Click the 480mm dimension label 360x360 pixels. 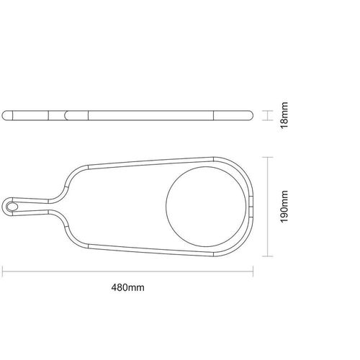click(x=127, y=287)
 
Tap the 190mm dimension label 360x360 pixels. click(x=284, y=207)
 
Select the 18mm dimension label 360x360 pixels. click(x=284, y=115)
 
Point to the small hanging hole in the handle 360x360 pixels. click(x=12, y=207)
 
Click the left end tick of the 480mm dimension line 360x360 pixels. click(x=2, y=271)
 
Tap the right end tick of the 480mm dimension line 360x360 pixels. click(x=253, y=271)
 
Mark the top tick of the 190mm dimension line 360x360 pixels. click(x=267, y=157)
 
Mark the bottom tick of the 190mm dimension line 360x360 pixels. click(x=267, y=256)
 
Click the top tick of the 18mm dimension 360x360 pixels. click(x=267, y=111)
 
